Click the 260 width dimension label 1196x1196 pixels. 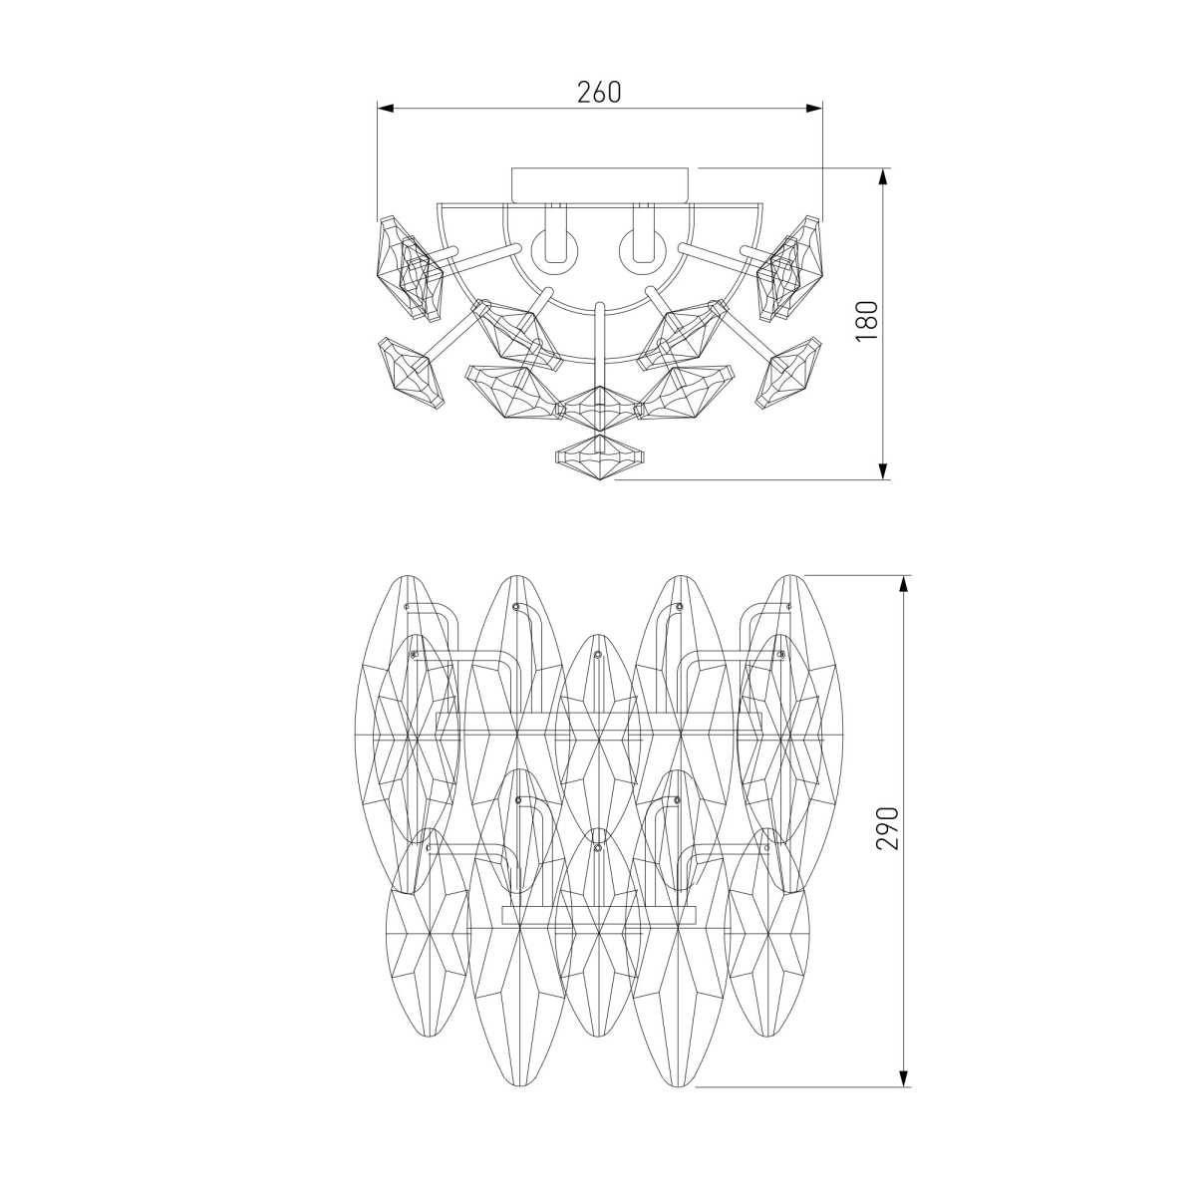point(598,92)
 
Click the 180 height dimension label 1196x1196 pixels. point(866,321)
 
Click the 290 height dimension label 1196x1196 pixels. point(888,829)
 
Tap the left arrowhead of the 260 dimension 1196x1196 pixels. point(386,109)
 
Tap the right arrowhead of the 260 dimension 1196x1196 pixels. point(813,109)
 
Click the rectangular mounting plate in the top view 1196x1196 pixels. point(599,184)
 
